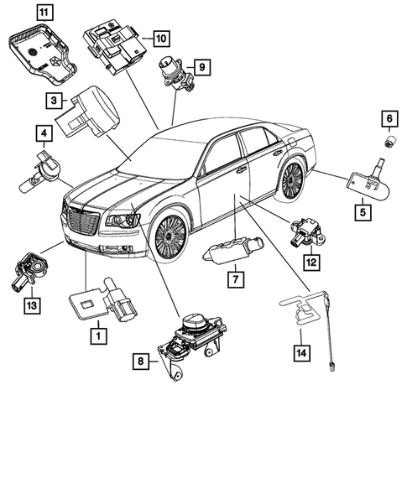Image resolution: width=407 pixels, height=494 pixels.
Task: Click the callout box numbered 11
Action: coord(41,12)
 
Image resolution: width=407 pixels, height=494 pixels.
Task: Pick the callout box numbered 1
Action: coord(98,337)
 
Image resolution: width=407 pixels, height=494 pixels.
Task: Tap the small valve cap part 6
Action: coord(389,139)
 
